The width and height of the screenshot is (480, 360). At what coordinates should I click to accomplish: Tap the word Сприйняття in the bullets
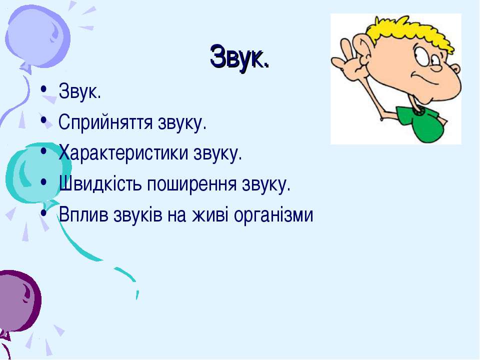(105, 122)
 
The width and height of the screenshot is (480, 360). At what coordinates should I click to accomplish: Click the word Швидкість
(100, 183)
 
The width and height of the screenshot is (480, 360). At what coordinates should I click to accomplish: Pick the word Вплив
(83, 214)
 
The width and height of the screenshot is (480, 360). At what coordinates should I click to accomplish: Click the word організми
(273, 215)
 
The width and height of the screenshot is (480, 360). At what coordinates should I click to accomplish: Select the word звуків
(138, 214)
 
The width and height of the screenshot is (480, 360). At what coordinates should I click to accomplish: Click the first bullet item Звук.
(79, 90)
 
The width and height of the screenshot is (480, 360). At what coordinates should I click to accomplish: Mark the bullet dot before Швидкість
(44, 181)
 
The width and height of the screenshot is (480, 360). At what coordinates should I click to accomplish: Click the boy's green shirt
(421, 122)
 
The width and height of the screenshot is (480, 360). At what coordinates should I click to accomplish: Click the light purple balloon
(37, 36)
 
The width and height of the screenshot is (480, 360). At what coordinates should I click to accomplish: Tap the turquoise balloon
(38, 173)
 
